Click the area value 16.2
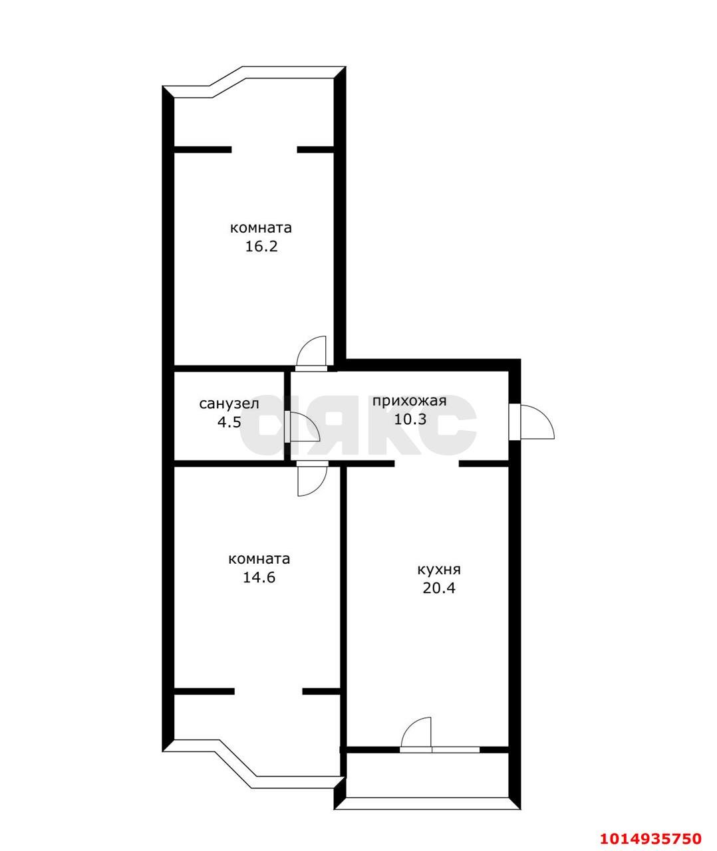(x=261, y=246)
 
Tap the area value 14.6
(x=259, y=577)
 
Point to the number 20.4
(x=439, y=588)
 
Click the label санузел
(x=229, y=404)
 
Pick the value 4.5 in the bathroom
(x=229, y=422)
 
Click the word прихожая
(x=410, y=402)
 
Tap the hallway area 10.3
(x=410, y=419)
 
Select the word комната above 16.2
(x=261, y=228)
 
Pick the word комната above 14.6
(x=259, y=558)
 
